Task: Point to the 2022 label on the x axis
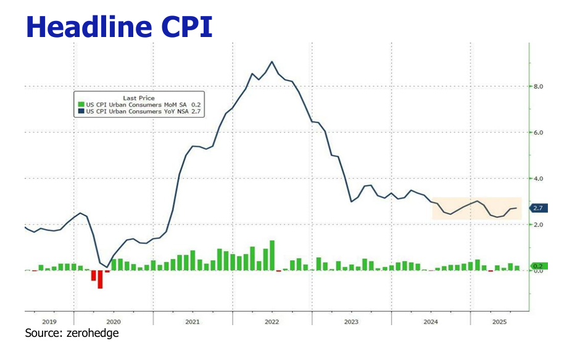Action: (x=271, y=321)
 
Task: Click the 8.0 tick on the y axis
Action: (x=537, y=87)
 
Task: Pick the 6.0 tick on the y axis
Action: (x=537, y=133)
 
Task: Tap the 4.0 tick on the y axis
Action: (x=537, y=178)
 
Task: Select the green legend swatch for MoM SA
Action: (x=80, y=105)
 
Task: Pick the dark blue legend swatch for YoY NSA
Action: (x=80, y=112)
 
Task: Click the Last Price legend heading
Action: (x=139, y=98)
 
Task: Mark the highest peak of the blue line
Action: (x=272, y=62)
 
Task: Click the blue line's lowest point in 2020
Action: (x=107, y=267)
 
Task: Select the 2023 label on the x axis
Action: (x=351, y=321)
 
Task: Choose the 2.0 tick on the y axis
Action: (x=537, y=225)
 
